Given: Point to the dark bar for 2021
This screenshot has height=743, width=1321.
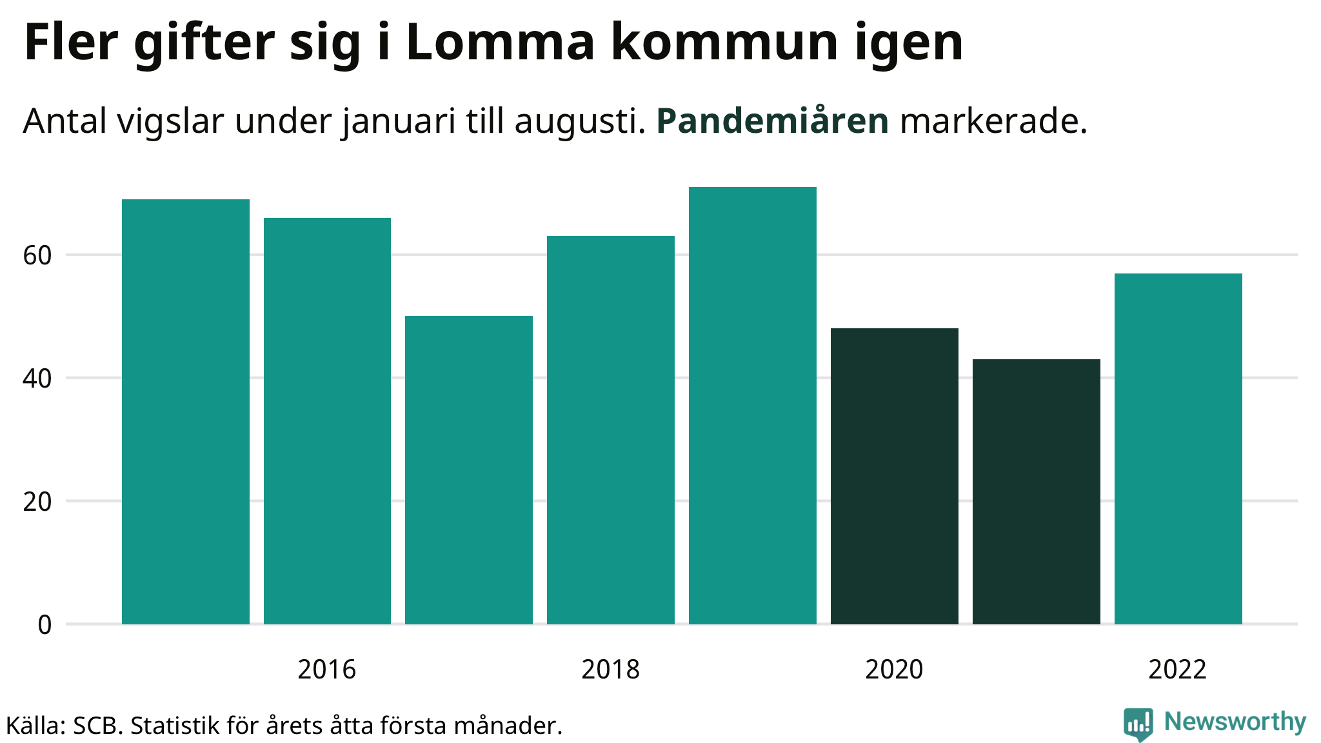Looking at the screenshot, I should pyautogui.click(x=1037, y=491).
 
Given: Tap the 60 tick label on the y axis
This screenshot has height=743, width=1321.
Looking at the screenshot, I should pyautogui.click(x=37, y=255).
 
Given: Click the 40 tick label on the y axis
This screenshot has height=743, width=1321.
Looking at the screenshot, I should pyautogui.click(x=37, y=379).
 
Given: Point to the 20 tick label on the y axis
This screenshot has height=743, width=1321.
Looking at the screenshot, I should pyautogui.click(x=37, y=502).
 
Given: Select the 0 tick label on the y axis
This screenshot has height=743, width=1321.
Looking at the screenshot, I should pyautogui.click(x=45, y=625).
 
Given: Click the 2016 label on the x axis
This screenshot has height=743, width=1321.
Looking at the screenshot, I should pyautogui.click(x=326, y=669).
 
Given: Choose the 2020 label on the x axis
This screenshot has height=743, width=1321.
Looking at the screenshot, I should pyautogui.click(x=894, y=669).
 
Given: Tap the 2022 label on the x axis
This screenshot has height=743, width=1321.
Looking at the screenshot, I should pyautogui.click(x=1177, y=669).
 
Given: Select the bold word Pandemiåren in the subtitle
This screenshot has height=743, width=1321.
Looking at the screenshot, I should pyautogui.click(x=772, y=121).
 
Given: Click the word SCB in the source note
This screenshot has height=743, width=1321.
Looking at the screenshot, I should pyautogui.click(x=97, y=726).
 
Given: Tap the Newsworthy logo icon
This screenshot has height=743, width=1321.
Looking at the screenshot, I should pyautogui.click(x=1138, y=724).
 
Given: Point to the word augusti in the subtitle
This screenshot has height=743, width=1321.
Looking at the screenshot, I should pyautogui.click(x=579, y=122).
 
